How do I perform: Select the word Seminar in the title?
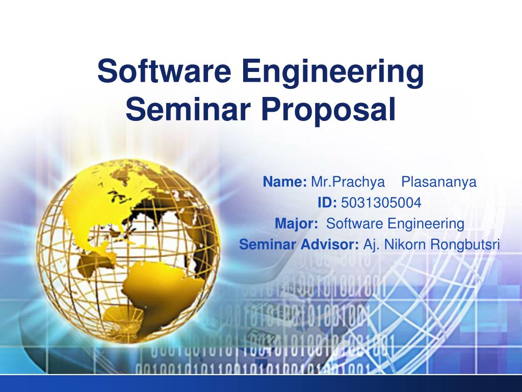(189, 110)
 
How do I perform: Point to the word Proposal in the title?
(329, 111)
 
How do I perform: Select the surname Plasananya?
(439, 182)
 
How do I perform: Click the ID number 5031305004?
(381, 203)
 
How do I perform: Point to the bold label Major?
(296, 224)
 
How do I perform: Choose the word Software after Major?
(355, 224)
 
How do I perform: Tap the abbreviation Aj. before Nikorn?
(372, 245)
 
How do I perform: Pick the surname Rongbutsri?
(465, 245)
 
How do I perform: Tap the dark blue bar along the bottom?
(261, 384)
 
